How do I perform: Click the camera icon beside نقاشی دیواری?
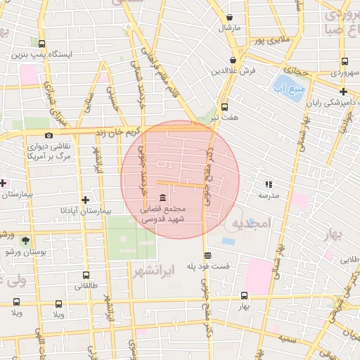point(49,136)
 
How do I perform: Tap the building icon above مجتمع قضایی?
point(163,196)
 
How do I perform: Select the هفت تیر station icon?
point(224,107)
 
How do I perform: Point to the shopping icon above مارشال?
point(229,17)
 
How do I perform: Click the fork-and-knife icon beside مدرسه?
point(268,184)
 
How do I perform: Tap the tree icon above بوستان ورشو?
point(26,240)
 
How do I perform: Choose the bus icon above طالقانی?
point(86,275)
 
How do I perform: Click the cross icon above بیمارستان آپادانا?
point(86,199)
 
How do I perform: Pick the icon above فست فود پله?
point(206,256)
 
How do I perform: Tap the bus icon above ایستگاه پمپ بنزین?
point(41,44)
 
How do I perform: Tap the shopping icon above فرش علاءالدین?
point(232,60)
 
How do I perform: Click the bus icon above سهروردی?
point(344,61)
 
